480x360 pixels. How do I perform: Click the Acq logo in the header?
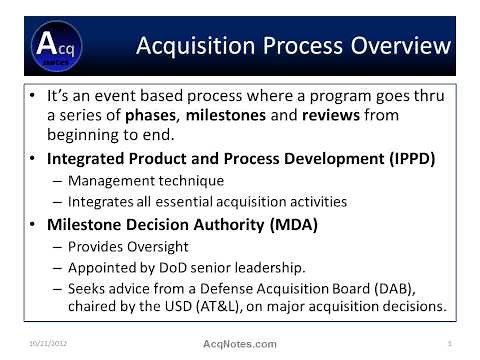click(49, 47)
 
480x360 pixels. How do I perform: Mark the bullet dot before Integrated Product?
click(36, 160)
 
